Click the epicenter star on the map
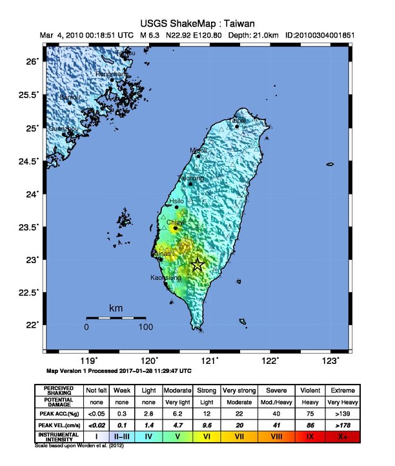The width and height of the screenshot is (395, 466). tap(198, 264)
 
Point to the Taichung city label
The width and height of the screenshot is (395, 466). tap(190, 178)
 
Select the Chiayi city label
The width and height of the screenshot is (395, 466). tap(176, 222)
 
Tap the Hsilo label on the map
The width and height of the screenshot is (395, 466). tap(176, 202)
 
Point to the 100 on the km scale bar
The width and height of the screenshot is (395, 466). tap(145, 327)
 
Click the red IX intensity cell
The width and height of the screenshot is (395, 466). tap(309, 438)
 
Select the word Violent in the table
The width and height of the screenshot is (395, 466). tap(309, 390)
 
